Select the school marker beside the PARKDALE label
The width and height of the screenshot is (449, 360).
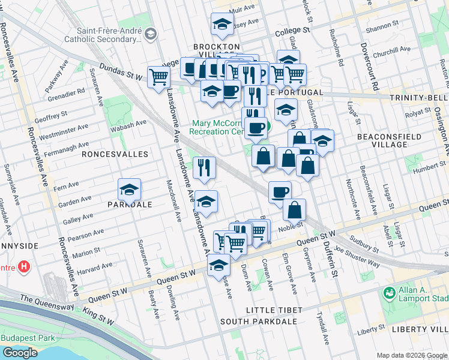coord(129,191)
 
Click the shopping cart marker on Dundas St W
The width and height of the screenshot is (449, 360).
coord(158,77)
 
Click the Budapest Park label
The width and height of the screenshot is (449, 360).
coord(27,337)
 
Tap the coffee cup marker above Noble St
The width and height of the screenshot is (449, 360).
coord(280,193)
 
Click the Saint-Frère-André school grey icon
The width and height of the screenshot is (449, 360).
coord(150,34)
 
